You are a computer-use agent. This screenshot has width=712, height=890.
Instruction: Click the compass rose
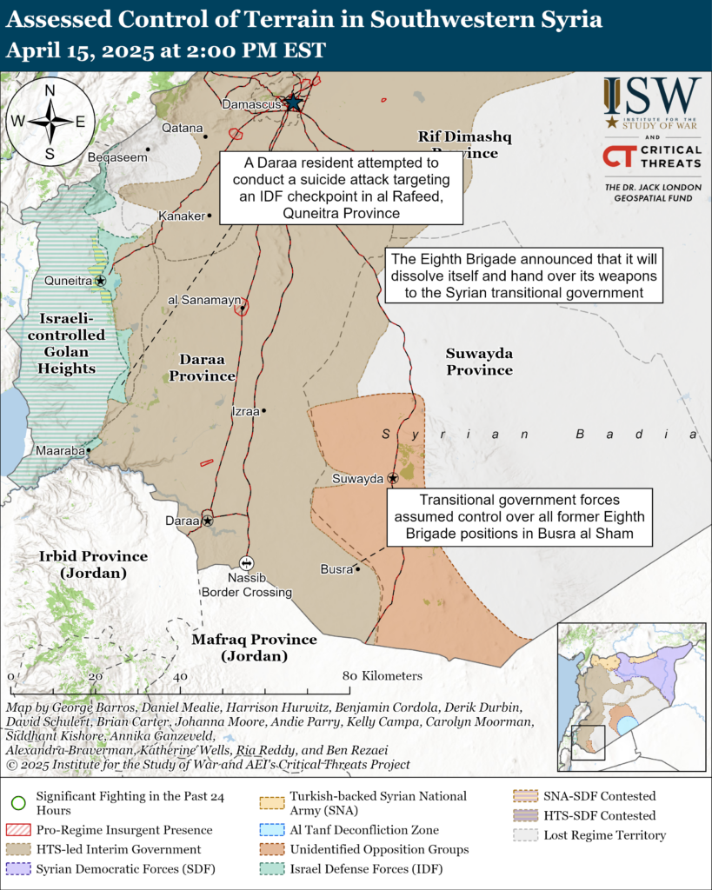[x=50, y=121]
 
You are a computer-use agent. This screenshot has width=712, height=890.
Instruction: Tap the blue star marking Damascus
[x=294, y=103]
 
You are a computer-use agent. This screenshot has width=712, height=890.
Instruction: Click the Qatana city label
[x=183, y=127]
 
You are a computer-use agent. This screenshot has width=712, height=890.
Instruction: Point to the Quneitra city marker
[x=101, y=281]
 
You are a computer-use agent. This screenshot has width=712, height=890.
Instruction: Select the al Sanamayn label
[x=202, y=300]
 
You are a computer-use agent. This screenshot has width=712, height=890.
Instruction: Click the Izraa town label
[x=245, y=412]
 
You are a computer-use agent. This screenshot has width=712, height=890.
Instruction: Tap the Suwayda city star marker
[x=393, y=478]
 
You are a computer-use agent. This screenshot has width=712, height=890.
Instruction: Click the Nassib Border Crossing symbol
[x=246, y=563]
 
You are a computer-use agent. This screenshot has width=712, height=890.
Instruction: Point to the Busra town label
[x=336, y=569]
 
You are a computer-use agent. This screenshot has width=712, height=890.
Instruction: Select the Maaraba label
[x=60, y=451]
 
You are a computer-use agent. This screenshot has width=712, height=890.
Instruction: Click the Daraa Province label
[x=202, y=368]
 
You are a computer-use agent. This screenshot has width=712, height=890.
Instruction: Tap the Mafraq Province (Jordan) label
[x=254, y=648]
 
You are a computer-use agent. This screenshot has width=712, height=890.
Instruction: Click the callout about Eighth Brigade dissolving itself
[x=524, y=276]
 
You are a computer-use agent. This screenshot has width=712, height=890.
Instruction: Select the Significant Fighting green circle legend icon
[x=18, y=803]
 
